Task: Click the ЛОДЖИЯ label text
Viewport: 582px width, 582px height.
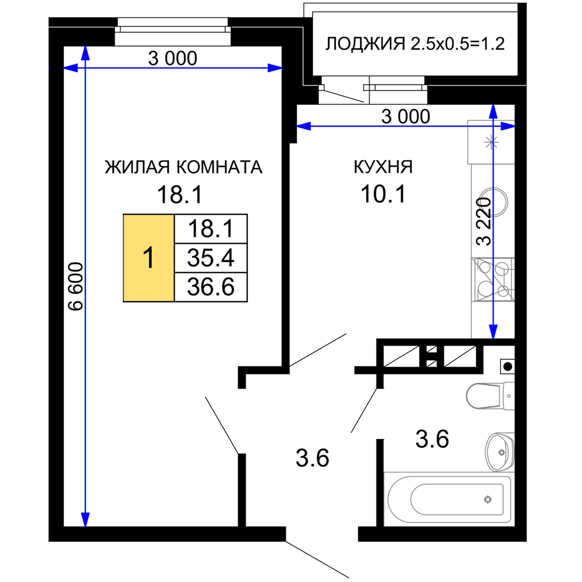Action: (x=365, y=44)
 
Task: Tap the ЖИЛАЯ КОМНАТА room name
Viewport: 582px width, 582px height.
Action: (x=183, y=167)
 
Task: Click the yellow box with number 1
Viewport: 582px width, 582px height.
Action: (x=148, y=258)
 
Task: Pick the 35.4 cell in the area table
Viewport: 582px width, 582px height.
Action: (x=211, y=258)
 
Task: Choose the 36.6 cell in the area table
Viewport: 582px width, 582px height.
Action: (x=211, y=287)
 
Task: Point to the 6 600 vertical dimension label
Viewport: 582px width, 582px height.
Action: (x=76, y=286)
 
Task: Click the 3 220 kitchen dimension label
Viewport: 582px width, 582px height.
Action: (x=484, y=221)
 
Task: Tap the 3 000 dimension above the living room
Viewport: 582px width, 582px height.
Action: (x=173, y=58)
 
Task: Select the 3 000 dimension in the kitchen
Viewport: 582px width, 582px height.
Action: (x=406, y=116)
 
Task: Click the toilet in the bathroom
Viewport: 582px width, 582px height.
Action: (x=490, y=396)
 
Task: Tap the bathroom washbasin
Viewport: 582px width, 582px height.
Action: (x=499, y=452)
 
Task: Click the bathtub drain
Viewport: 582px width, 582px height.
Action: (x=488, y=499)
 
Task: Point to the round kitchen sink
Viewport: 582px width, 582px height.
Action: (x=494, y=203)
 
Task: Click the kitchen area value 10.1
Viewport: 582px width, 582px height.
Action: (x=384, y=194)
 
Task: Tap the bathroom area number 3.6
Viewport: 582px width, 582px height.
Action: (x=432, y=439)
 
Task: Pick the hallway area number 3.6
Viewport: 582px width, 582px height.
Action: (x=312, y=458)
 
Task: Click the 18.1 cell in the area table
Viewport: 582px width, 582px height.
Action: (x=211, y=229)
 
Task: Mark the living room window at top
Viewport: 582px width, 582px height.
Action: (x=173, y=32)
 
